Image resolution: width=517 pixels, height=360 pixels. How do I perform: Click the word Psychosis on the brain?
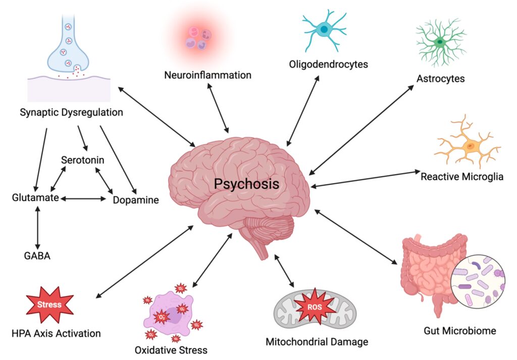(x=246, y=183)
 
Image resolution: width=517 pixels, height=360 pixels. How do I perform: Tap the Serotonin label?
(x=83, y=160)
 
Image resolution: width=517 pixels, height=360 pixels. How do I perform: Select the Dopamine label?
(x=135, y=200)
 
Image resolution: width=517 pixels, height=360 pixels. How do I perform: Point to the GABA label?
(x=37, y=255)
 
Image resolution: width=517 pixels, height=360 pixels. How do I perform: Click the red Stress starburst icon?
(x=49, y=304)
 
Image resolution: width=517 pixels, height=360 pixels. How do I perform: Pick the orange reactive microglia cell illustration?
(x=468, y=145)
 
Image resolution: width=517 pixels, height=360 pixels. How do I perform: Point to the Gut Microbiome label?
(x=459, y=331)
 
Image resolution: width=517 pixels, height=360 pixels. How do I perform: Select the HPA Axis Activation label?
(x=56, y=333)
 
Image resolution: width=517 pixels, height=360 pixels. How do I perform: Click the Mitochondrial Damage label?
(x=317, y=342)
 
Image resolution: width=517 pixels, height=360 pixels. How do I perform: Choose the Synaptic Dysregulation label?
(x=71, y=112)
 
